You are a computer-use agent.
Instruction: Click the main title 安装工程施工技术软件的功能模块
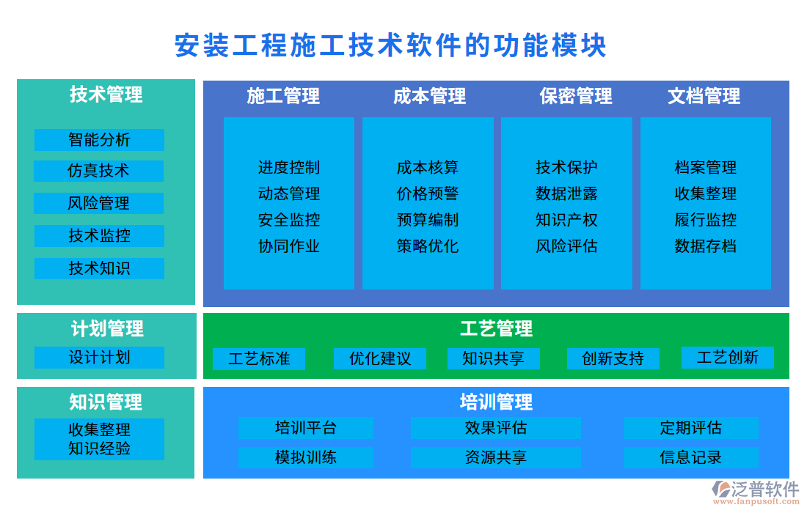pos(390,45)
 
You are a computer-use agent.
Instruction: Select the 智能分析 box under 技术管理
pos(99,139)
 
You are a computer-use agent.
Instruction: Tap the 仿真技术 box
pos(99,171)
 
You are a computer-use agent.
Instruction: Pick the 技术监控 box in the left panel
pos(99,235)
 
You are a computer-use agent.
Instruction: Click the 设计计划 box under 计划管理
pos(99,358)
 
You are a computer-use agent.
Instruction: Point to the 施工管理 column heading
pos(283,96)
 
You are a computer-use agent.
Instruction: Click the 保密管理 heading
pos(576,96)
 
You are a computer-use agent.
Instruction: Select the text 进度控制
pos(289,167)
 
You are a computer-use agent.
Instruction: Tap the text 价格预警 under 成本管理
pos(428,193)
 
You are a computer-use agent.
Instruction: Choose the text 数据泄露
pos(566,193)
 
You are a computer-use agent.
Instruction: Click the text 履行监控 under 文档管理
pos(706,220)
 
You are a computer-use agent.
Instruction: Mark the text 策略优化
pos(428,246)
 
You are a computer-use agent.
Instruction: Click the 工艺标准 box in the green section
pos(259,359)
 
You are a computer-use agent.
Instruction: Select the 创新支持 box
pos(613,359)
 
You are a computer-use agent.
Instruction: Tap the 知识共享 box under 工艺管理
pos(493,359)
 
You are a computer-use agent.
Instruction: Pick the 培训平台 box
pos(306,428)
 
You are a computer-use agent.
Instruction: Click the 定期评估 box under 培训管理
pos(690,428)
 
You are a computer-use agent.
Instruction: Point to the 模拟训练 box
pos(306,458)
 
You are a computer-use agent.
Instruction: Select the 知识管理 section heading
pos(106,402)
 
